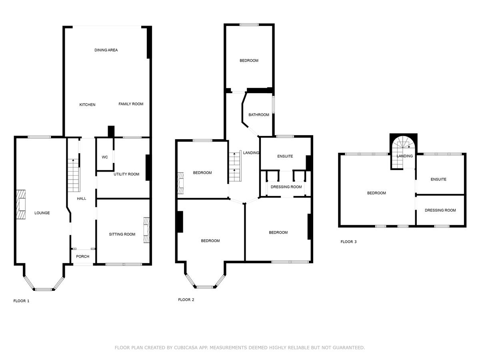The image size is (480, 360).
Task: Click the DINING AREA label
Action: pyautogui.click(x=106, y=50)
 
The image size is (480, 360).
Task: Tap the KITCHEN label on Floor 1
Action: pyautogui.click(x=87, y=105)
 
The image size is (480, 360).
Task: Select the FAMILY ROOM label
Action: pyautogui.click(x=131, y=104)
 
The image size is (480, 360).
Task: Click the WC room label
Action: pyautogui.click(x=105, y=157)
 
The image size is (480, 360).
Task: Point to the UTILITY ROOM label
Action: pyautogui.click(x=126, y=174)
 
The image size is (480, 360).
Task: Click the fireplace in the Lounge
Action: pyautogui.click(x=21, y=204)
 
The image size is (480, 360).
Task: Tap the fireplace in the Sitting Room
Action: pyautogui.click(x=146, y=230)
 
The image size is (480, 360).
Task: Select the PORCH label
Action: pyautogui.click(x=83, y=256)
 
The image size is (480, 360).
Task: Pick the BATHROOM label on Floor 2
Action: pyautogui.click(x=259, y=115)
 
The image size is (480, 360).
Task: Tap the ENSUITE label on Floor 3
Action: pyautogui.click(x=438, y=179)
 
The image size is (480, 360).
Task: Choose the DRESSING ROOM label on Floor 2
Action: pyautogui.click(x=286, y=187)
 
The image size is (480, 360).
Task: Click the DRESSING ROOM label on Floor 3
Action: pyautogui.click(x=440, y=210)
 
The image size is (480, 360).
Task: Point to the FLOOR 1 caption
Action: pyautogui.click(x=22, y=301)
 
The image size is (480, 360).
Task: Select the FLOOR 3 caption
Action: pyautogui.click(x=348, y=242)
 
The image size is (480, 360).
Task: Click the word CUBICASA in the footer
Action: pyautogui.click(x=187, y=348)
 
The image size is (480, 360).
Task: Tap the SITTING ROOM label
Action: pyautogui.click(x=122, y=234)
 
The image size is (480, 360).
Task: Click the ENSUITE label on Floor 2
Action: pyautogui.click(x=285, y=156)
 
